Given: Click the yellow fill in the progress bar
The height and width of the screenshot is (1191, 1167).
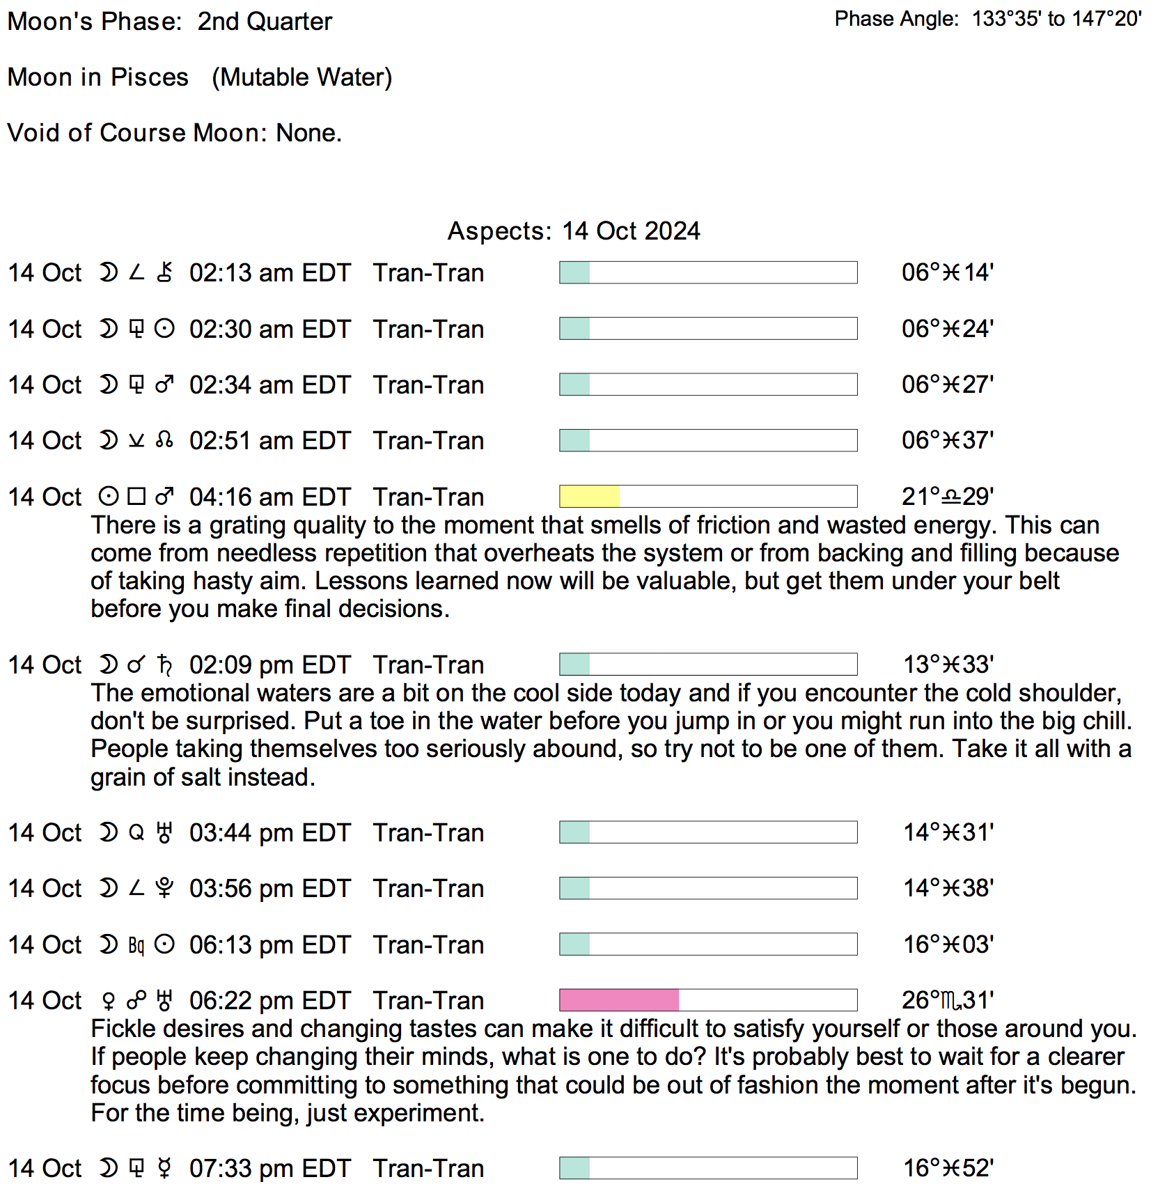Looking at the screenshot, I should pyautogui.click(x=589, y=497).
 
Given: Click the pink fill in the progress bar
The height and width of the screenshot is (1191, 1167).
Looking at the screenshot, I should pyautogui.click(x=619, y=1000).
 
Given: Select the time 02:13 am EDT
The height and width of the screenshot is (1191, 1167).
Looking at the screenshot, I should pyautogui.click(x=269, y=272).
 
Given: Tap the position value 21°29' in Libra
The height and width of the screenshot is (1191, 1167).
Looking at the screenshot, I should pyautogui.click(x=948, y=497).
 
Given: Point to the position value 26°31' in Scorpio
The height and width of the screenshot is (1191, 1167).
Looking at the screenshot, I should pyautogui.click(x=948, y=1000).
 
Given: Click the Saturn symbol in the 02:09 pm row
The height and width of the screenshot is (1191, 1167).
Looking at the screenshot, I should pyautogui.click(x=164, y=665).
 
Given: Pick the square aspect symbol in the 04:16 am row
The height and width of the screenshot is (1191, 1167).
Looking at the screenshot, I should pyautogui.click(x=136, y=497).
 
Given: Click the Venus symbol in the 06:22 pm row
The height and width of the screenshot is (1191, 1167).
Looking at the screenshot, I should pyautogui.click(x=108, y=1001).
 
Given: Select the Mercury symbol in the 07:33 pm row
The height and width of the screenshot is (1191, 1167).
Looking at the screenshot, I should pyautogui.click(x=164, y=1169).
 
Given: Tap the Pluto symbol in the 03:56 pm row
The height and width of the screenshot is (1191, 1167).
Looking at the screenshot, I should pyautogui.click(x=164, y=889).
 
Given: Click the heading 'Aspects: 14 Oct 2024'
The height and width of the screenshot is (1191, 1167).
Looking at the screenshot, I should pyautogui.click(x=574, y=231).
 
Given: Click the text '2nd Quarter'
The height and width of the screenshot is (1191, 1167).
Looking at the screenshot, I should pyautogui.click(x=265, y=22).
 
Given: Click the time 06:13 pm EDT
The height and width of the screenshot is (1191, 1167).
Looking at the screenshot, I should pyautogui.click(x=269, y=944).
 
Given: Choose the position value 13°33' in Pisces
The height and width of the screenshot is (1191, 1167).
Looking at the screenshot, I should pyautogui.click(x=948, y=664).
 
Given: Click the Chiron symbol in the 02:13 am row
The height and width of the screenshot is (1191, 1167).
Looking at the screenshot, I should pyautogui.click(x=164, y=272).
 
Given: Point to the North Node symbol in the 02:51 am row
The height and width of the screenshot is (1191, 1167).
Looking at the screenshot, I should pyautogui.click(x=164, y=440).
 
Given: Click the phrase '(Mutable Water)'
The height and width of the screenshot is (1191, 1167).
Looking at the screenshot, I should pyautogui.click(x=302, y=77).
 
